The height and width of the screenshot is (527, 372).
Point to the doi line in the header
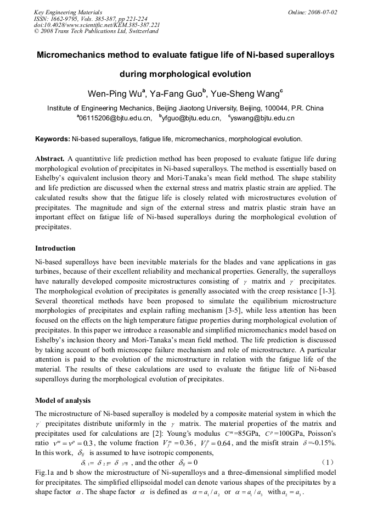(97, 25)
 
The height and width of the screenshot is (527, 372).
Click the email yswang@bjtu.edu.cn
(262, 118)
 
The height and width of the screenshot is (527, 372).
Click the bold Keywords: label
(52, 140)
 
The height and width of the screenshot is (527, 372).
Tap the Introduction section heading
(55, 248)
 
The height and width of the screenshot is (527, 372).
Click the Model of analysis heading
(63, 400)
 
